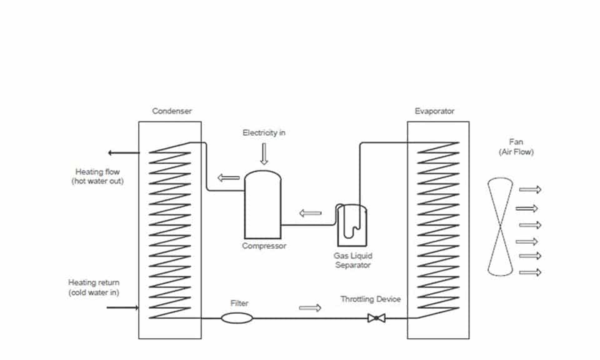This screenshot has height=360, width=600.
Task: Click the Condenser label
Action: click(x=172, y=111)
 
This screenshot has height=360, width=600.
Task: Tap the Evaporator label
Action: click(x=434, y=111)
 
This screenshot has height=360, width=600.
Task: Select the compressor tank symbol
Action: click(x=262, y=204)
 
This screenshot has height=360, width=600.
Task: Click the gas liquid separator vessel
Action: click(x=352, y=226)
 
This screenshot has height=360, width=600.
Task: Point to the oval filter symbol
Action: click(x=237, y=318)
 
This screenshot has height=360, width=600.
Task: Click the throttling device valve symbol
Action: click(x=376, y=318)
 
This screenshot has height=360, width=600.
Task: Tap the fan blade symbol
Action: click(x=500, y=226)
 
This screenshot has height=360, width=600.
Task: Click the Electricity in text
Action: click(x=264, y=132)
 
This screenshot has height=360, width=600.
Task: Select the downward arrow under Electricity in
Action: click(x=264, y=154)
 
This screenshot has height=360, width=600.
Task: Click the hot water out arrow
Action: click(x=124, y=153)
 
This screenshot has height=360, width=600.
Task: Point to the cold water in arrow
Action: click(x=122, y=307)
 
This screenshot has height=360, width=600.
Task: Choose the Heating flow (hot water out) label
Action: click(x=97, y=176)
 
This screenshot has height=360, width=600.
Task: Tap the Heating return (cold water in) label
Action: click(x=94, y=287)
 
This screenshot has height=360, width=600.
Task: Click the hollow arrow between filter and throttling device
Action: click(x=310, y=308)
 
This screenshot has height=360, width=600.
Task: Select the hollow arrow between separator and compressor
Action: click(x=311, y=213)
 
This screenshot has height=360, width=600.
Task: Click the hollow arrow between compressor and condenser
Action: click(x=229, y=177)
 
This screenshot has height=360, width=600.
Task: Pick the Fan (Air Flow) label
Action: click(x=516, y=147)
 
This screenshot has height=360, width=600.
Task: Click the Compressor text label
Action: click(x=264, y=246)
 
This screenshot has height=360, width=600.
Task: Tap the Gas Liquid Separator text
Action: click(x=352, y=260)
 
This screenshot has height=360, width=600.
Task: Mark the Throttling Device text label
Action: click(x=371, y=299)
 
